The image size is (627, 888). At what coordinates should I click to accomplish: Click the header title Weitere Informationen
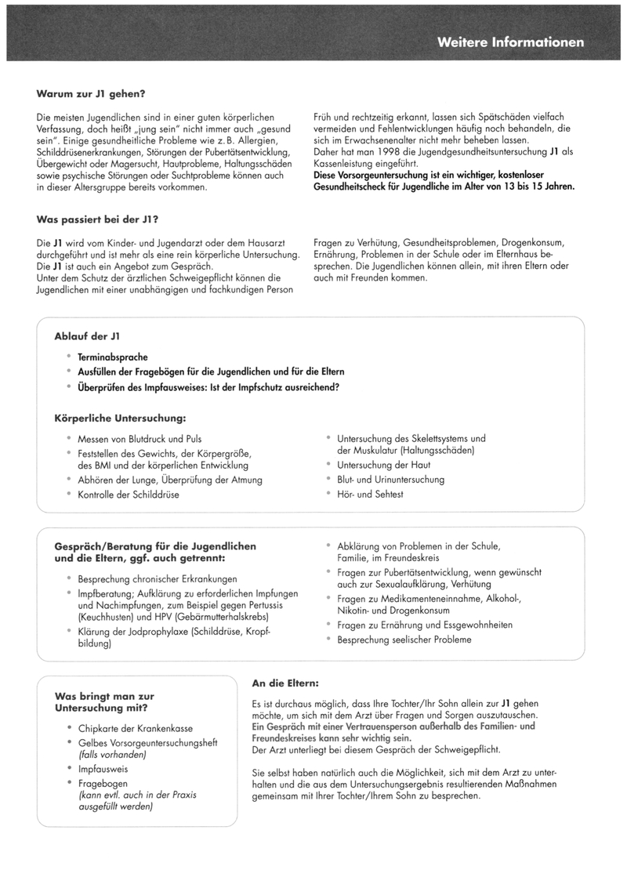coord(510,42)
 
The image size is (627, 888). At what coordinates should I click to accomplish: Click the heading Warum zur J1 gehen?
coord(91,94)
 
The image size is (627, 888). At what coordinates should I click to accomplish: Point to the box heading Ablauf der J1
coord(86,336)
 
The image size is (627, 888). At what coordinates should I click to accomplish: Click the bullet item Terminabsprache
coord(113,357)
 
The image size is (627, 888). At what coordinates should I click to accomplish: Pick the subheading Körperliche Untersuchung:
coord(120,419)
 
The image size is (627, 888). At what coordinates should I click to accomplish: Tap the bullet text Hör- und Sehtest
coord(370,494)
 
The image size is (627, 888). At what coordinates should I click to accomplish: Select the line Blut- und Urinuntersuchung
coord(390,479)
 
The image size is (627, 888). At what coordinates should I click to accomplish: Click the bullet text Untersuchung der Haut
coord(383,465)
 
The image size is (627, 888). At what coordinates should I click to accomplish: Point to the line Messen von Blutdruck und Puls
coord(140,439)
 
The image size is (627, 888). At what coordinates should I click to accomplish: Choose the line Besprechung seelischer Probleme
coord(404,640)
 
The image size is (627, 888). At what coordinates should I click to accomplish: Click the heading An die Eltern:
coord(285,683)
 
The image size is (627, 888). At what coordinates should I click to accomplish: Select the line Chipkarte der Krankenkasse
coord(135,728)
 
